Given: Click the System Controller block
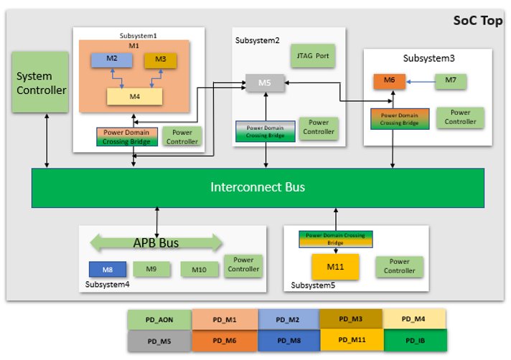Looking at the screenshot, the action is pos(40,82).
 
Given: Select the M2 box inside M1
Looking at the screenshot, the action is pos(111,60).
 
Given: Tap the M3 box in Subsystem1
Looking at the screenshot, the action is pos(160,60).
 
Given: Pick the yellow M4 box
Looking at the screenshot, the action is pos(135,97).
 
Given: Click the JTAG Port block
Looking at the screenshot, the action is pos(313,56).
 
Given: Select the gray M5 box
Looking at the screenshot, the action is pos(265,83).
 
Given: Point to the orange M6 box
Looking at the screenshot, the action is pos(390,81).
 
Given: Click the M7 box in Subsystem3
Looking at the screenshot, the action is pos(451,81).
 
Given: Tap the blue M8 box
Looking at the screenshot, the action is pos(108,270).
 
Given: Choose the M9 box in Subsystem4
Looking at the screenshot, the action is pos(151,269).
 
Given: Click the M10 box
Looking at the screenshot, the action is pos(199,270).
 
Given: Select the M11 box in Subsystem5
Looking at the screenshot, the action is pos(335,267).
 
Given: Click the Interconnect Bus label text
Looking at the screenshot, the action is pos(258,187).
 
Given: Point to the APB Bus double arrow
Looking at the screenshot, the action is pos(156,243).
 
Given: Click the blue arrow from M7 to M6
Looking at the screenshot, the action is pos(421,82).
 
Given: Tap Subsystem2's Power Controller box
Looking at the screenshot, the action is pos(319,128).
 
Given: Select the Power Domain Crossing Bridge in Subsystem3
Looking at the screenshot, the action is pos(400,119).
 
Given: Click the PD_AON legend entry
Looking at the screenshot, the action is pos(159,320).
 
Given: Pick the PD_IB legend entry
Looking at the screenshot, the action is pos(415,341).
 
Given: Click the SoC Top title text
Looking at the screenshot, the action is pos(478,21).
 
